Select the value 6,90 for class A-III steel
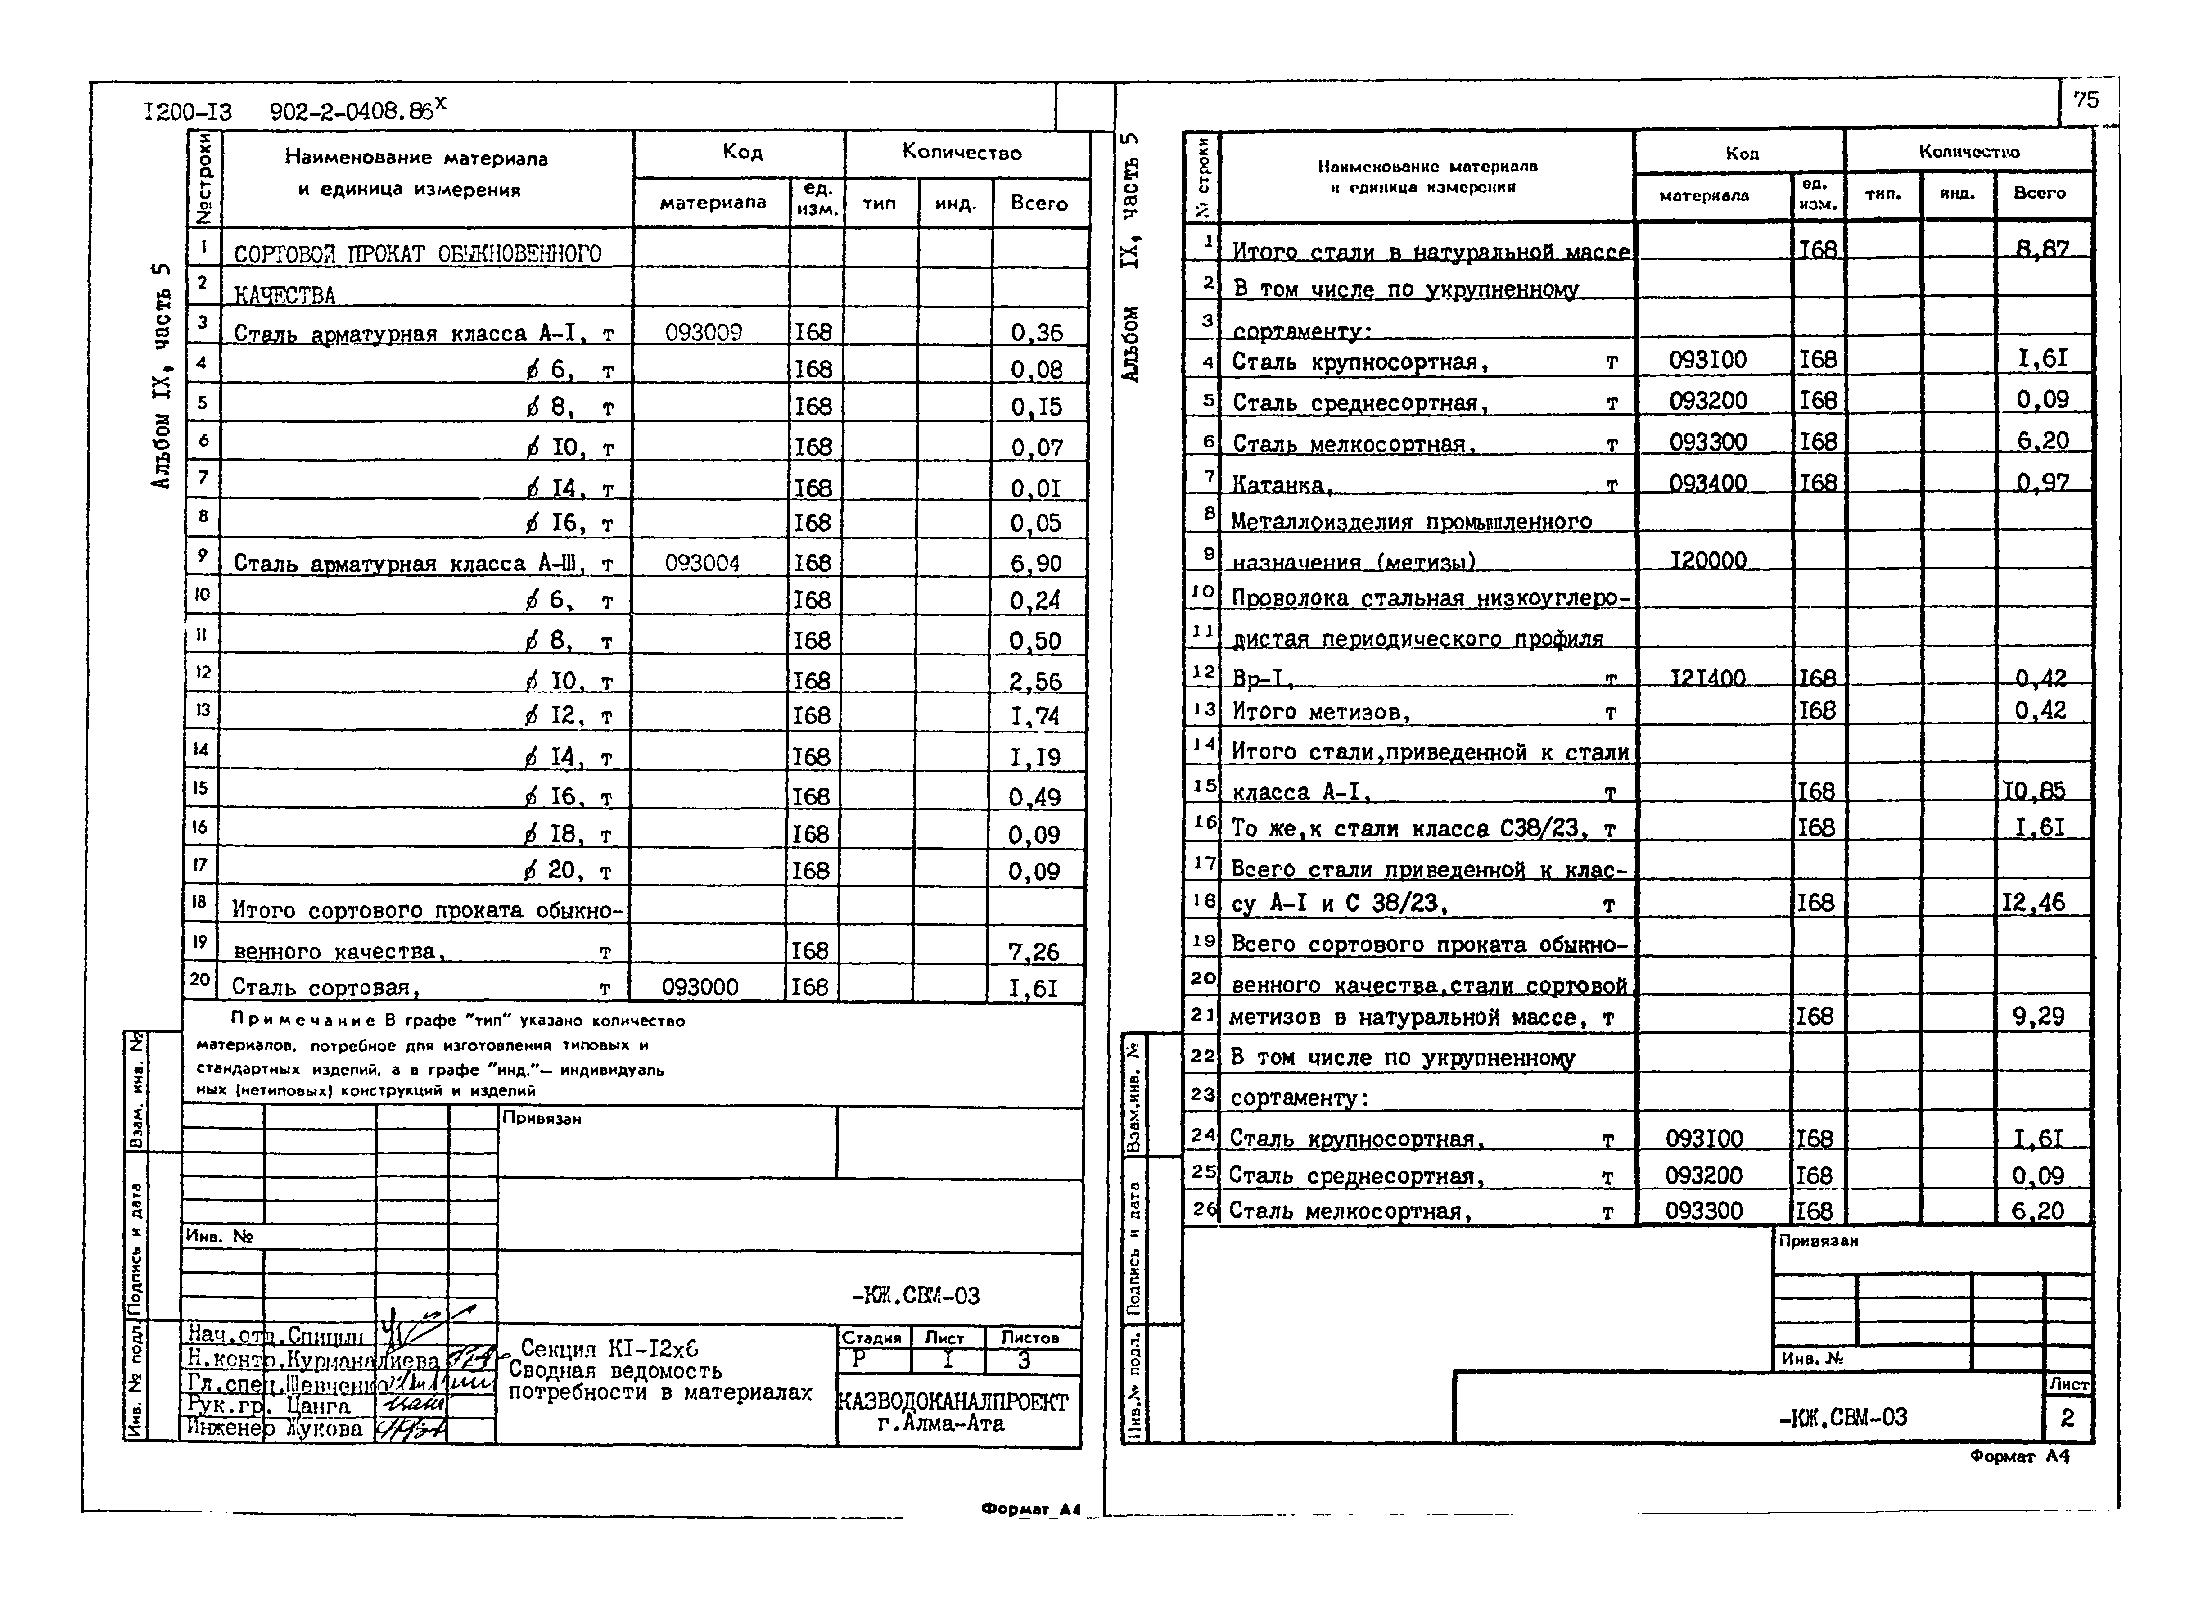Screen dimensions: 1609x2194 1035,563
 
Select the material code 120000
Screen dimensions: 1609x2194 1708,560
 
